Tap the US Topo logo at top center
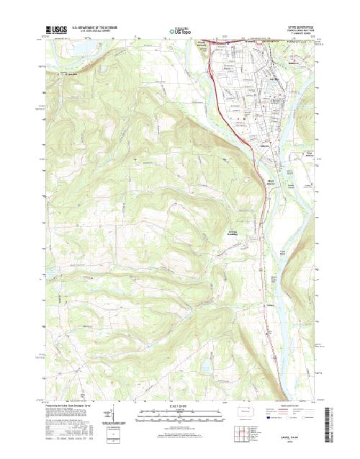(180, 30)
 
